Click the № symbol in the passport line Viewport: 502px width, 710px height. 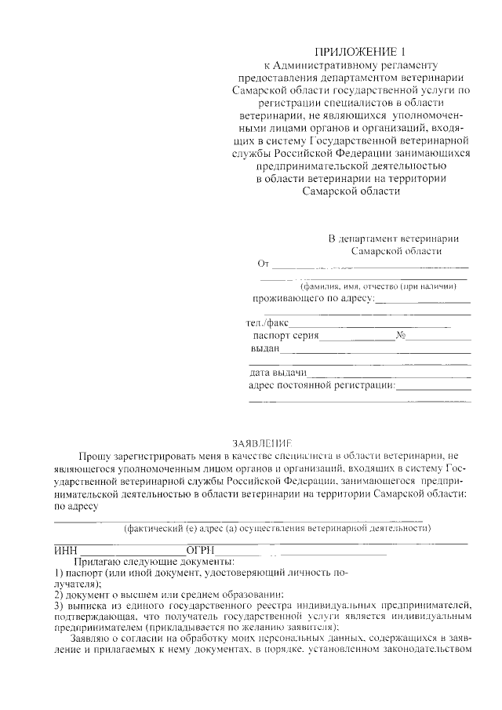click(x=401, y=335)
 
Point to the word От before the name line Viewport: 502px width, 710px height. click(x=263, y=264)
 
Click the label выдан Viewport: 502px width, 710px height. click(x=265, y=348)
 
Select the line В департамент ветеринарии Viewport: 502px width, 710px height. click(x=393, y=238)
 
